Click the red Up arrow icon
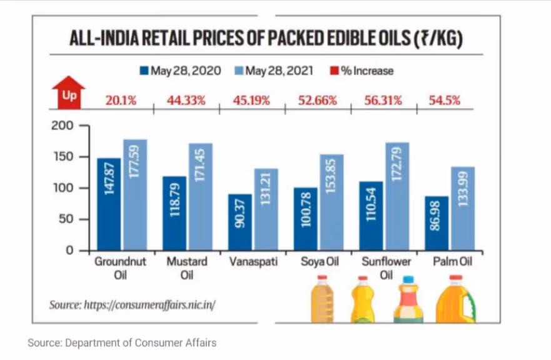[68, 92]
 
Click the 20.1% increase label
[121, 100]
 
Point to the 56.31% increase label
[382, 100]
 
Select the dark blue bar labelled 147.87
[108, 204]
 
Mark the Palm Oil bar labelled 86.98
[436, 223]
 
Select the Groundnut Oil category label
[120, 267]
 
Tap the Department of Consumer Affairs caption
[123, 342]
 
